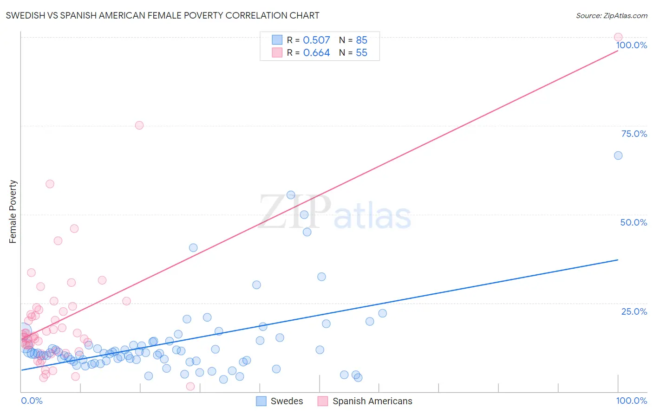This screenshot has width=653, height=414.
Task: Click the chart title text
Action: click(x=163, y=15)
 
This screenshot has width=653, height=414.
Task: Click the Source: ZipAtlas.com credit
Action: click(x=611, y=15)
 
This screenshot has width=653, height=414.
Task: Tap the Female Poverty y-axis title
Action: click(x=13, y=212)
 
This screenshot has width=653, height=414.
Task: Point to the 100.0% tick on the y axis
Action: click(x=632, y=45)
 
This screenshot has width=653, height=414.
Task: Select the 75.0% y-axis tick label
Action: click(x=634, y=134)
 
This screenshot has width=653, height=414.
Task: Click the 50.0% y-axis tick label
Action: click(x=633, y=222)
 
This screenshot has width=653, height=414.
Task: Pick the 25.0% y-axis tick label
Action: click(x=634, y=311)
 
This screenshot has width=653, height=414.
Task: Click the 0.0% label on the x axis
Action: click(x=32, y=401)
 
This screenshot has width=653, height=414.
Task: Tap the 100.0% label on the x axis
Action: click(x=632, y=401)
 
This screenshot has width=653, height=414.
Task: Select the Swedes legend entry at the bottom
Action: click(x=280, y=401)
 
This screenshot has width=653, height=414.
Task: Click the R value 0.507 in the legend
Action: click(x=316, y=40)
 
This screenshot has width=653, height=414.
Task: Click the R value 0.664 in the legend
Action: click(x=316, y=53)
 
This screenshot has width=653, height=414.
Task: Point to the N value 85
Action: click(x=361, y=40)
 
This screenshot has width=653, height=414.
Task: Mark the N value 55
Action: click(x=361, y=53)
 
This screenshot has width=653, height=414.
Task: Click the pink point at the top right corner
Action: click(x=618, y=37)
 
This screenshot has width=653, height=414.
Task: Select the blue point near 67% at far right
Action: click(x=618, y=155)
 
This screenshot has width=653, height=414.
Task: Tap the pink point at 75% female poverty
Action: click(x=139, y=125)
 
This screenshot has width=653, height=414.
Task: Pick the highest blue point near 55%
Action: click(x=291, y=195)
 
